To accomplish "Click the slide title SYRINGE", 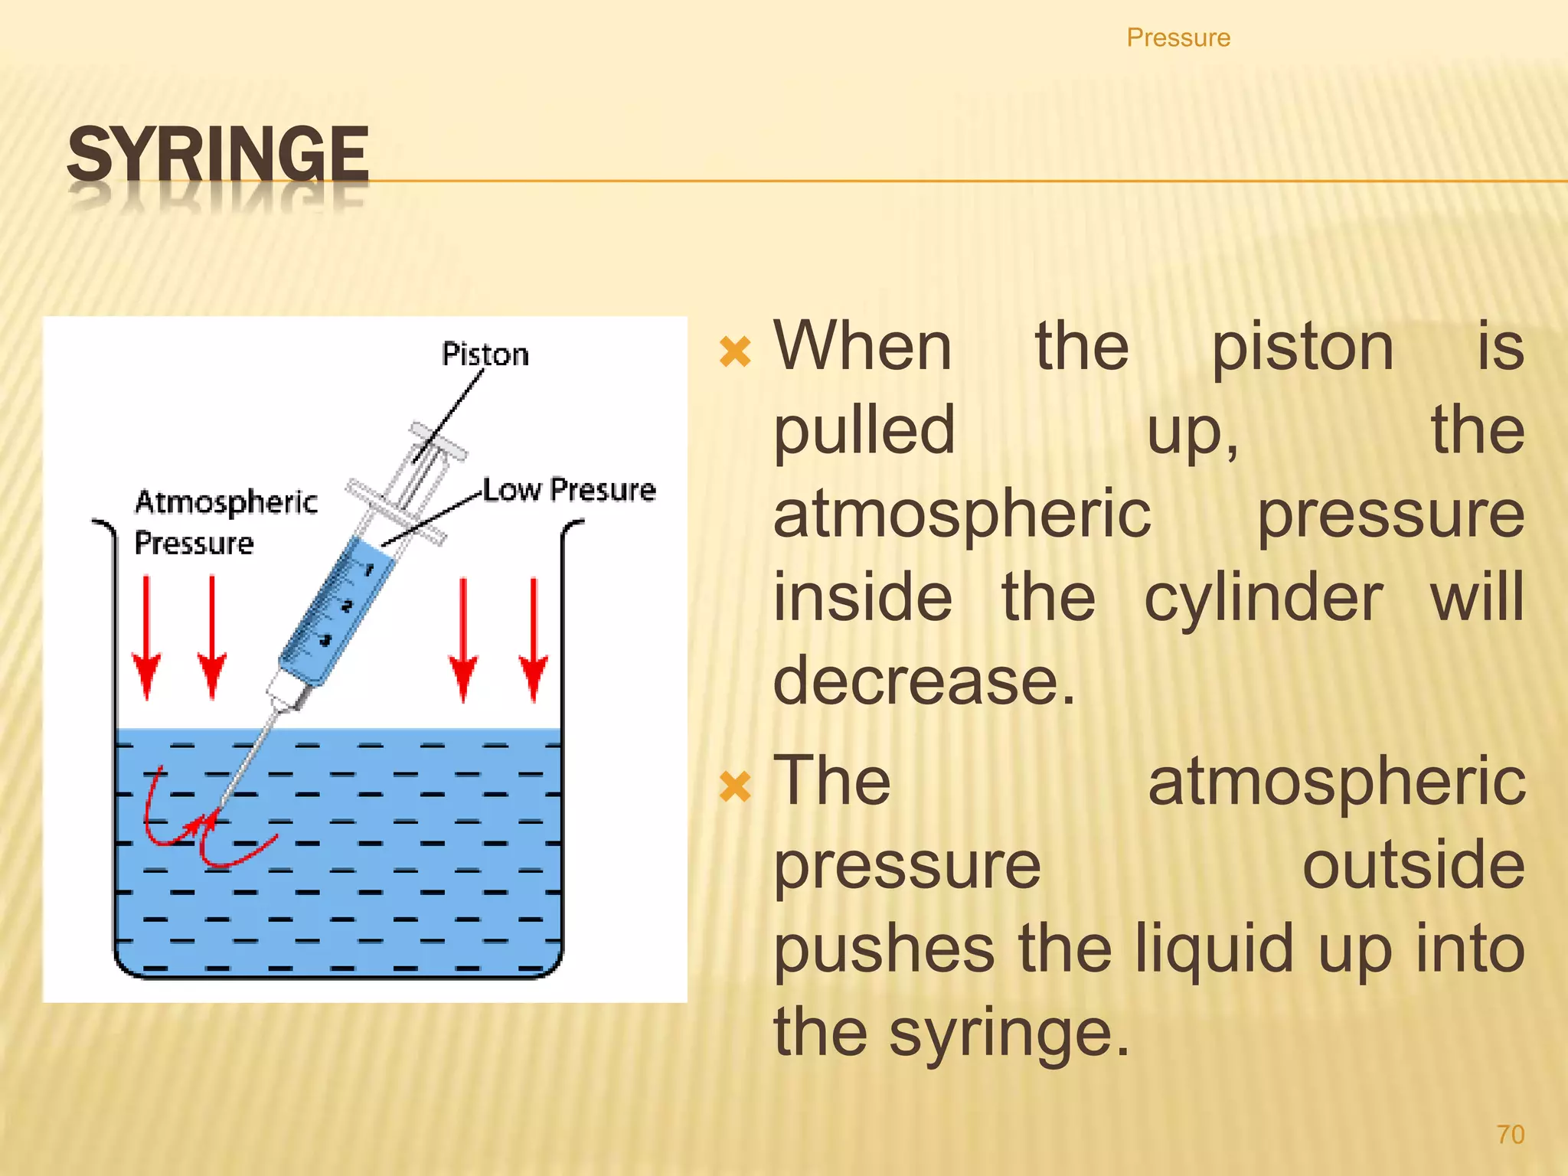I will click(218, 155).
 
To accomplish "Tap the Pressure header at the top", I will click(1178, 38).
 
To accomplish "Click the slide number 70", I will click(1510, 1134).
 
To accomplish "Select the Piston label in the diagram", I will click(485, 354).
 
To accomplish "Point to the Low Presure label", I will click(570, 490).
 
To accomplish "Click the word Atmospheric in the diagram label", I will click(226, 502).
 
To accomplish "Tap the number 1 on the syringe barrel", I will click(370, 570).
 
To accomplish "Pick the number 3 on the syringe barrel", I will click(326, 640).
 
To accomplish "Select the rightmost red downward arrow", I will click(534, 640).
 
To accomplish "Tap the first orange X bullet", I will click(736, 352).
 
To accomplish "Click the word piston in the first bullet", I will click(1302, 348).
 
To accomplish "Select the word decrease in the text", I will click(923, 680).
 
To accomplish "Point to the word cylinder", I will click(1263, 598).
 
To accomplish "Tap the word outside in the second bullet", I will click(1413, 865).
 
